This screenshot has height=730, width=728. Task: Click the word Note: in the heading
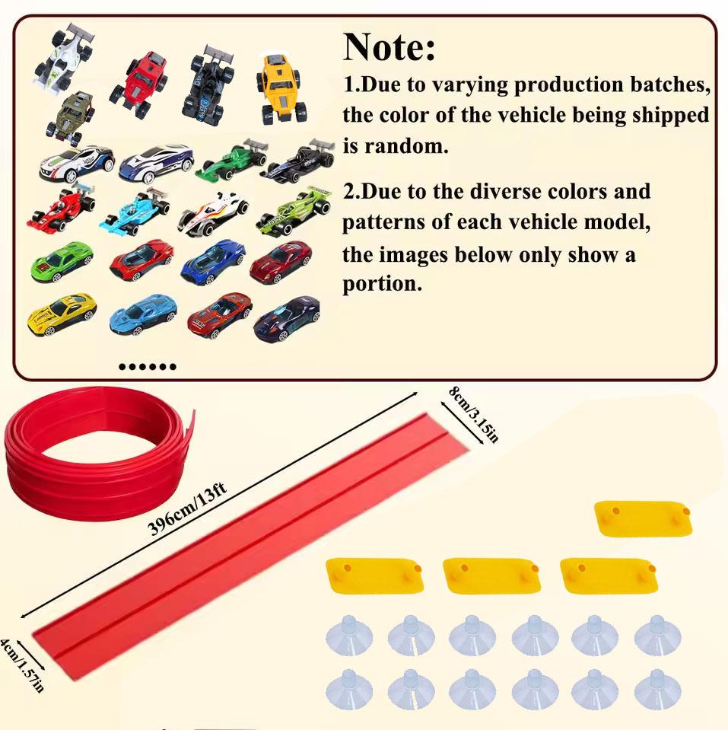[x=389, y=47]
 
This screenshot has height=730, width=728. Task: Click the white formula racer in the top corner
[x=64, y=56]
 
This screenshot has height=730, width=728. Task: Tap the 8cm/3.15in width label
[x=472, y=415]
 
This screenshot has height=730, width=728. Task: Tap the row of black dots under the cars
[x=148, y=367]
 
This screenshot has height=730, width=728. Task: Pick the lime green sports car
[x=62, y=260]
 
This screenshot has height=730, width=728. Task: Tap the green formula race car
[x=230, y=161]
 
